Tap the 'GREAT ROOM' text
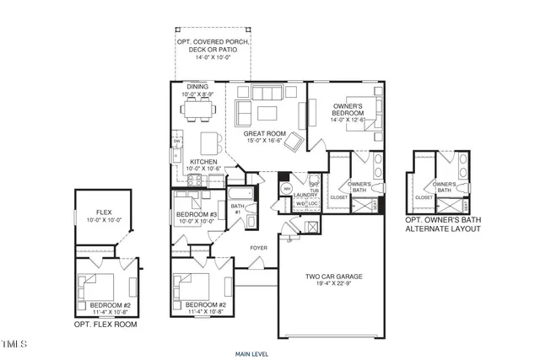click(x=262, y=133)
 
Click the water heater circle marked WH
click(x=286, y=189)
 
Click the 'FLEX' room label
click(x=105, y=212)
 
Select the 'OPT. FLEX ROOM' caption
click(x=105, y=324)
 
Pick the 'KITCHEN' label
click(x=204, y=161)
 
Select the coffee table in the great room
click(x=267, y=112)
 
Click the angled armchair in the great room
click(x=294, y=142)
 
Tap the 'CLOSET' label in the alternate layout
click(x=424, y=197)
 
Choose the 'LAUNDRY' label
click(x=305, y=194)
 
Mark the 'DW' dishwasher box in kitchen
click(x=177, y=141)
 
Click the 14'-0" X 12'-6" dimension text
click(x=347, y=120)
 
